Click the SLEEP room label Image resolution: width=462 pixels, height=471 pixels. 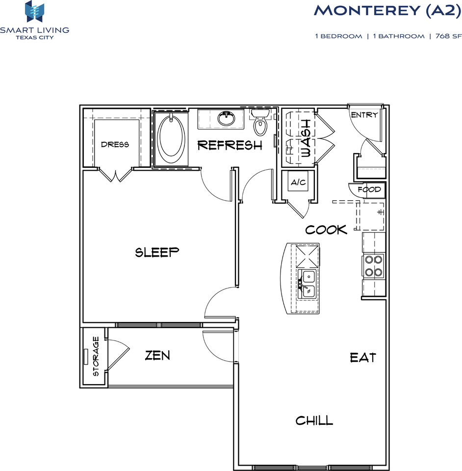[157, 252]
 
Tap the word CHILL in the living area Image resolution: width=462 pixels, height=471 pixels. [314, 420]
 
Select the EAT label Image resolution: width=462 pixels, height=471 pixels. [363, 358]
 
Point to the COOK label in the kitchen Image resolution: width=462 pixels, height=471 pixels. [326, 230]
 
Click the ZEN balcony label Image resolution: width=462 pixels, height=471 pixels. [157, 356]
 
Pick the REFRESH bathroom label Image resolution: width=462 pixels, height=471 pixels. [230, 145]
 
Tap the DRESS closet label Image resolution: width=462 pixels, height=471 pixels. [115, 144]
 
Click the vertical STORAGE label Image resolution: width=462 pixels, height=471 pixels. [96, 356]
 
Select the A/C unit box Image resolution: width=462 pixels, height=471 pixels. [298, 183]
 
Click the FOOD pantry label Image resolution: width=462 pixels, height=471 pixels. [369, 189]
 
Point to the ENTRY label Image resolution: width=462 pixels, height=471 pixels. [364, 115]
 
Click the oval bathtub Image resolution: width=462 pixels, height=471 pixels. [171, 136]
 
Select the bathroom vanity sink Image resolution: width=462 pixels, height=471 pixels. [226, 118]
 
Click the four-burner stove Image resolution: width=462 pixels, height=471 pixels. [374, 266]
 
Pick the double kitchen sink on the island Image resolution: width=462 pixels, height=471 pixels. [308, 283]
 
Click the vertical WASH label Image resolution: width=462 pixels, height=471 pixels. [306, 138]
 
